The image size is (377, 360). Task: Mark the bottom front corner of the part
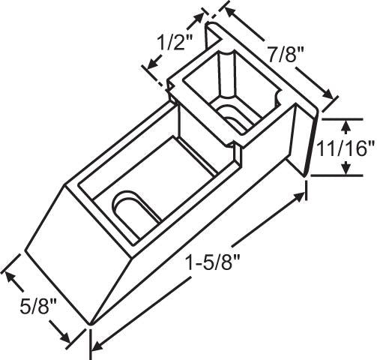tap(90, 325)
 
